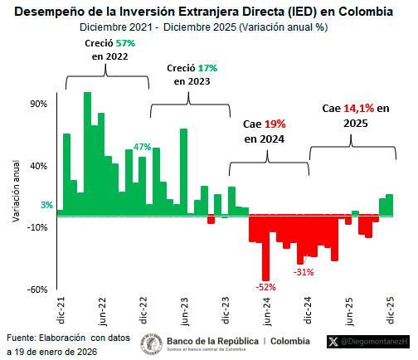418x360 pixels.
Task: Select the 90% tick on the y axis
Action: coord(38,104)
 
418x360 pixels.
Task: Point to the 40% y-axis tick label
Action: coord(38,165)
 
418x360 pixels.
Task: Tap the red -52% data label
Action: coord(265,287)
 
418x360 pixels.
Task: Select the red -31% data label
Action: coord(304,271)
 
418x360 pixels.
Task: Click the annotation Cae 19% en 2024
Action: coord(264,131)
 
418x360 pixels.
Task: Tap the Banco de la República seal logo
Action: coord(152,342)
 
